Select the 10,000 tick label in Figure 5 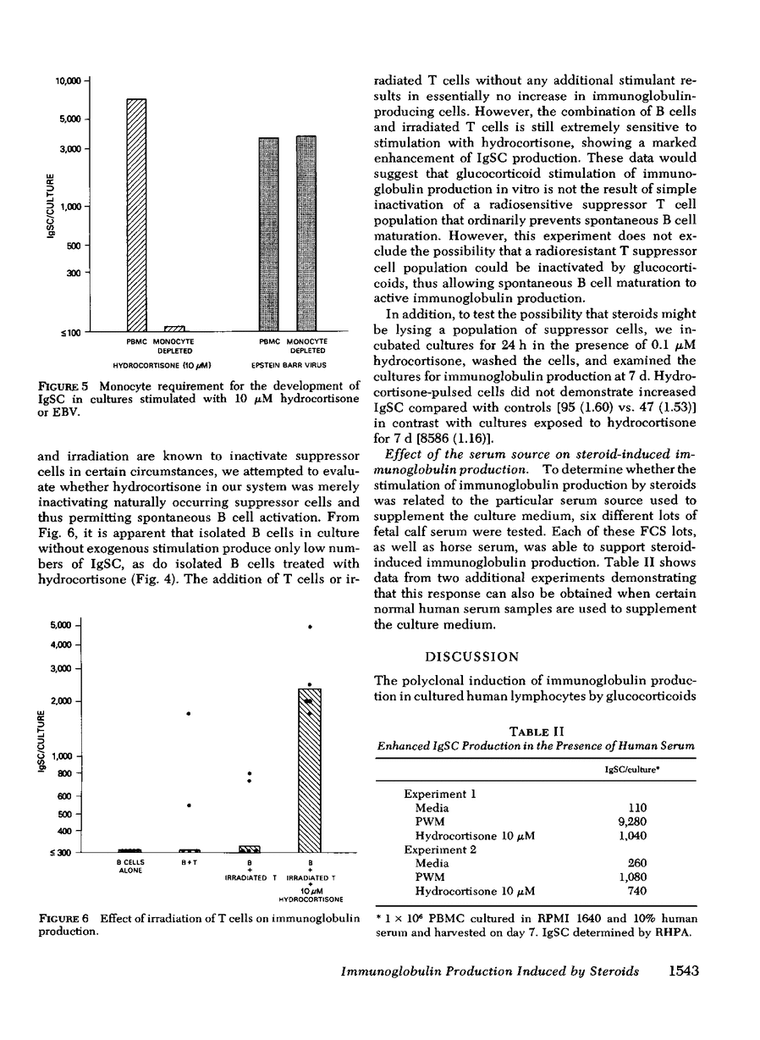[67, 80]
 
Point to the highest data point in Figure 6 [311, 627]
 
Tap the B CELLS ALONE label [129, 866]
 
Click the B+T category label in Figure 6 [190, 862]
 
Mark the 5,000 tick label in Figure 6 [62, 626]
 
